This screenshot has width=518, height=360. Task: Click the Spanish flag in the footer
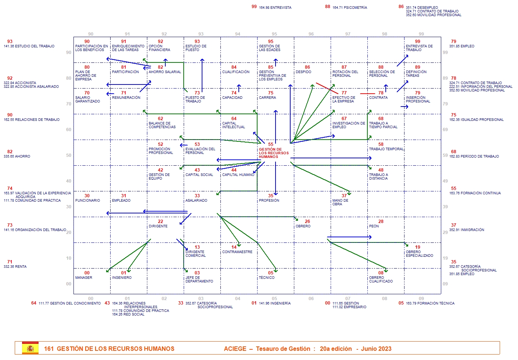pos(30,348)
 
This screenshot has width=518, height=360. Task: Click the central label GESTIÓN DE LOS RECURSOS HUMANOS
pos(273,153)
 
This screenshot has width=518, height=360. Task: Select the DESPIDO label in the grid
pos(303,72)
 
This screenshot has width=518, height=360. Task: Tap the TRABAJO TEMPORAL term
pos(386,149)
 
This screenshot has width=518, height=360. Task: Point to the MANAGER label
pos(84,278)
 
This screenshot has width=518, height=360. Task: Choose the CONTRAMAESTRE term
pos(237,252)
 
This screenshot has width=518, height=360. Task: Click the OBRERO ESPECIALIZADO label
pos(419,254)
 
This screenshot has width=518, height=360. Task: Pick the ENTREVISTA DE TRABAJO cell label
pos(419,48)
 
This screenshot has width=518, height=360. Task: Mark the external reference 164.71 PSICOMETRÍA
pos(349,8)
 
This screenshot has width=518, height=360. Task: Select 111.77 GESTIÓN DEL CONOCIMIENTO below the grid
pos(69,303)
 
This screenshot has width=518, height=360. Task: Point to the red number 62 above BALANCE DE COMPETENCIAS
pos(161,119)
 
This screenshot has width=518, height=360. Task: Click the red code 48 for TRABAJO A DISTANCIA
pos(381,170)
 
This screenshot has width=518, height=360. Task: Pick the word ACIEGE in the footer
pos(235,349)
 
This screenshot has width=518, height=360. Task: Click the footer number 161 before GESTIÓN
pos(49,349)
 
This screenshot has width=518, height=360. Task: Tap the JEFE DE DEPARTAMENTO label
pos(199,280)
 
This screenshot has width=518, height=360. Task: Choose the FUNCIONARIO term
pos(87,201)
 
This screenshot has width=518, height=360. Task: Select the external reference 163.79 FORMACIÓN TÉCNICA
pos(430,303)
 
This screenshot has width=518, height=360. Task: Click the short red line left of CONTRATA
pos(367,94)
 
